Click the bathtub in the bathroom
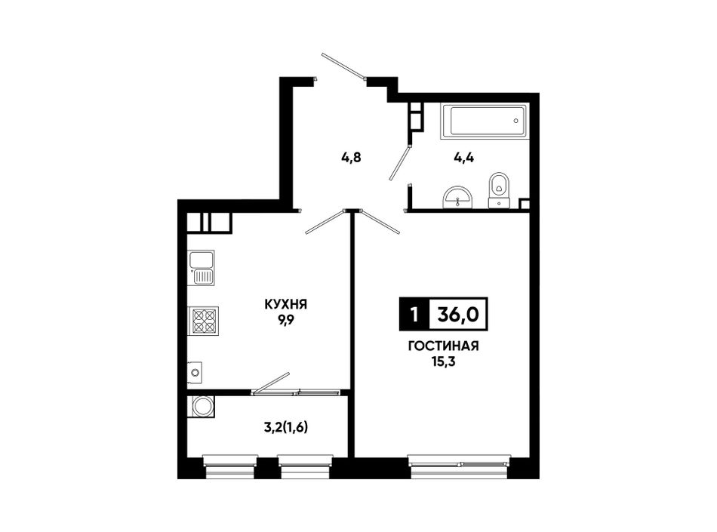[485, 121]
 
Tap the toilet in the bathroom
[498, 191]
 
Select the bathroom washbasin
[457, 198]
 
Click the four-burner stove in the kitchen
[204, 321]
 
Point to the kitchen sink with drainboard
[202, 268]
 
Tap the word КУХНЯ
[286, 305]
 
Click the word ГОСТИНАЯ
[443, 346]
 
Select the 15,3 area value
[443, 362]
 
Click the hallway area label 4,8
[351, 158]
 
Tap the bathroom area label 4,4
[463, 158]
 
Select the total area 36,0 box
[458, 314]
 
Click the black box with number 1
[414, 314]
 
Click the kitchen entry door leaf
[325, 222]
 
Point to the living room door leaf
[380, 222]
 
